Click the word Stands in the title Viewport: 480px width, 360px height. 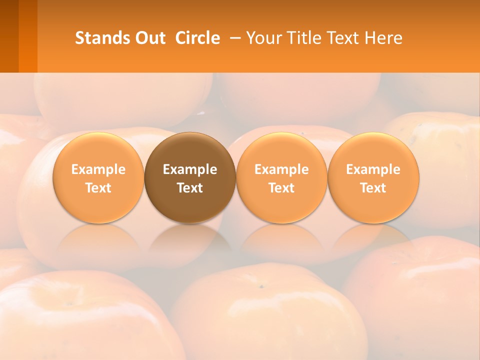click(102, 38)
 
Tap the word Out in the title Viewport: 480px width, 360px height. click(149, 38)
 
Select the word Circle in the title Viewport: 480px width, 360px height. click(197, 38)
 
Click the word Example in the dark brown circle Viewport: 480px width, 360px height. click(190, 169)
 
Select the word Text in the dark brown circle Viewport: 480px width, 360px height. click(190, 188)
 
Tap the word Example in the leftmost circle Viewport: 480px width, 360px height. click(98, 169)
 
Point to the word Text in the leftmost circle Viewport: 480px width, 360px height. click(98, 188)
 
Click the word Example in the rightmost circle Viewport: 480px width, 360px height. click(373, 169)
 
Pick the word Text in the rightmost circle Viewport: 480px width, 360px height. click(373, 188)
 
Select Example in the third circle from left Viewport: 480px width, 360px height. click(281, 169)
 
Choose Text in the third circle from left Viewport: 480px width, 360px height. click(281, 188)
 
